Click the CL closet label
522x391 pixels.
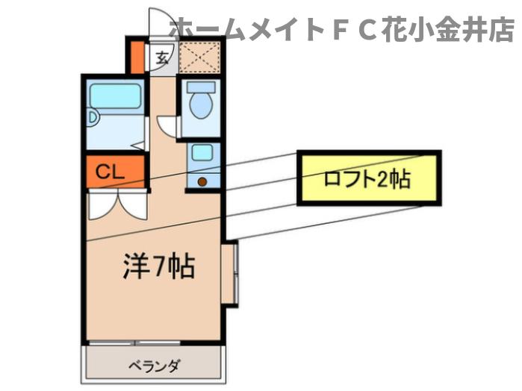coord(110,172)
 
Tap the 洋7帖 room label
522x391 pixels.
coord(159,266)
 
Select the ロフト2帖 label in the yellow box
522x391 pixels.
coord(367,179)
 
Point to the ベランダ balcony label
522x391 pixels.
coord(155,366)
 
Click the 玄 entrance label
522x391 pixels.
coord(162,58)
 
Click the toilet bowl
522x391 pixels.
coord(201,104)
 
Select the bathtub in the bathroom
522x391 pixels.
coord(115,96)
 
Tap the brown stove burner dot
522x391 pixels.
coord(202,181)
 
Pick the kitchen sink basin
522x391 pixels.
coord(202,153)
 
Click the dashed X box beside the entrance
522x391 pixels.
coord(199,57)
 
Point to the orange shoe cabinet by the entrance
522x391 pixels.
coord(137,57)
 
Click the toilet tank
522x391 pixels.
coord(201,87)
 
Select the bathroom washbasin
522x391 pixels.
coord(93,118)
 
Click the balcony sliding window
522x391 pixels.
coord(134,342)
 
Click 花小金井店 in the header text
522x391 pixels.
coord(448,30)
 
